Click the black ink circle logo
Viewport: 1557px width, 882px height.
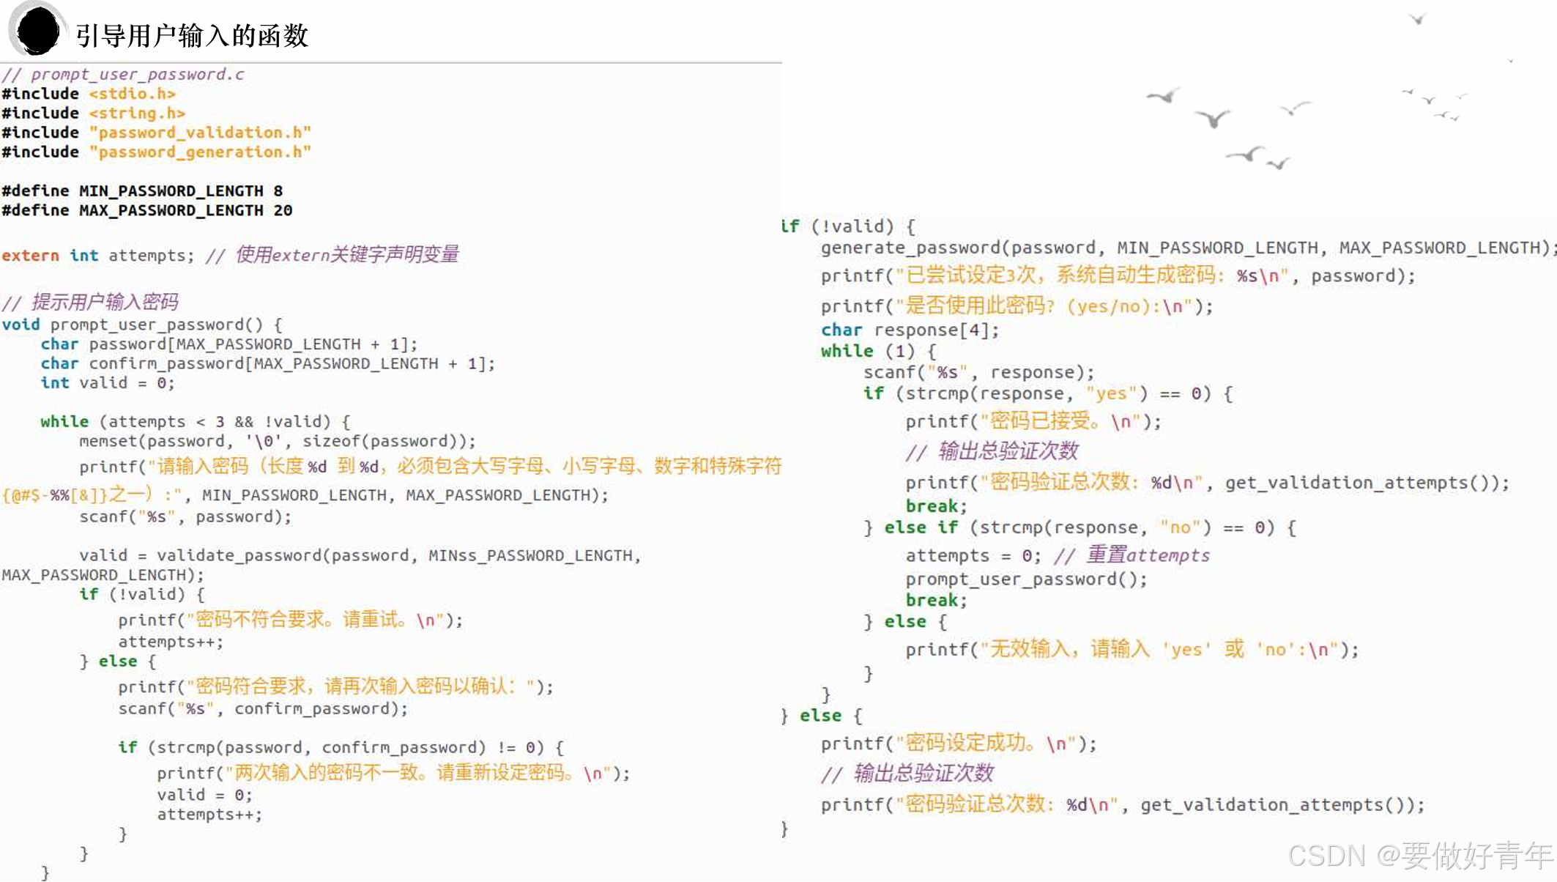(x=37, y=31)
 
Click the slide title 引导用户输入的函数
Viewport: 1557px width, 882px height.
(x=192, y=35)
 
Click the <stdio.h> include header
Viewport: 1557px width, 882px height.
(x=132, y=94)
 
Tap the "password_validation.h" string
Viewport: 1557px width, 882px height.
(x=200, y=133)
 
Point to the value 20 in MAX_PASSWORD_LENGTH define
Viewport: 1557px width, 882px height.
(x=283, y=210)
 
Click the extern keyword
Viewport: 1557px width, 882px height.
(x=30, y=255)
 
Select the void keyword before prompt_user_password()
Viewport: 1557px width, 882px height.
(x=21, y=325)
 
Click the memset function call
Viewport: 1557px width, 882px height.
(x=110, y=441)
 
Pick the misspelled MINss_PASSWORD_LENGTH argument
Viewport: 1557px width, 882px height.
(x=530, y=555)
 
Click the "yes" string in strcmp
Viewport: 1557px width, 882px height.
(x=1111, y=393)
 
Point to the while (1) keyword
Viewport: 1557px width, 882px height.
(x=847, y=351)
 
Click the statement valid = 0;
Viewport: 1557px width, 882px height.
(x=204, y=795)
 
